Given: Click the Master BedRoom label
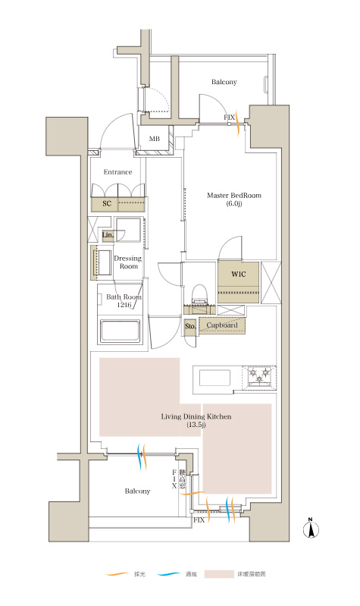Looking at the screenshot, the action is click(234, 195).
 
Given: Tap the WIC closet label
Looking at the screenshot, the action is click(238, 274).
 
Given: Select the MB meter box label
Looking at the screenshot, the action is click(154, 139).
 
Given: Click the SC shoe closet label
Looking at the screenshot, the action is click(107, 203).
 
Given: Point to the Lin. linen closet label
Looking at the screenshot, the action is click(108, 235).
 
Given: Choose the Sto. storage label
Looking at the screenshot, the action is click(190, 326).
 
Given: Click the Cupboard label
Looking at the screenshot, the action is click(222, 325).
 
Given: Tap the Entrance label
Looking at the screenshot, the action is click(117, 172).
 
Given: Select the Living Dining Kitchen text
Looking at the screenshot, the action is click(196, 416).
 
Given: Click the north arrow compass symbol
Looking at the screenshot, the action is click(311, 529).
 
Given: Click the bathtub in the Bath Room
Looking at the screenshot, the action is click(120, 331).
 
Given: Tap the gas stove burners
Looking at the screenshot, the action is click(259, 376).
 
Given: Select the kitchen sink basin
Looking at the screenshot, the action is click(214, 378).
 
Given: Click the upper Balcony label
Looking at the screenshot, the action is click(224, 82).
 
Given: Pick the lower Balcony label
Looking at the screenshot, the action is click(137, 491).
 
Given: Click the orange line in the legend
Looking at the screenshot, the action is click(117, 574).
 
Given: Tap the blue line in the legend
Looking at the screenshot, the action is click(169, 574).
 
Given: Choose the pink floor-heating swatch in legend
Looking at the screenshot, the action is click(219, 574).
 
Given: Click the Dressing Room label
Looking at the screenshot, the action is click(128, 262).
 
